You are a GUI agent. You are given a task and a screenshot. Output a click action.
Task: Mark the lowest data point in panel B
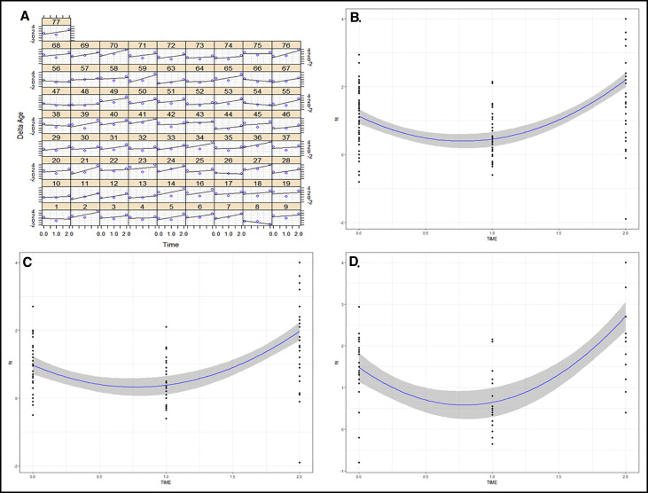pos(626,219)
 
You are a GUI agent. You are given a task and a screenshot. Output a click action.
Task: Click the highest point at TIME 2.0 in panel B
pos(626,19)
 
